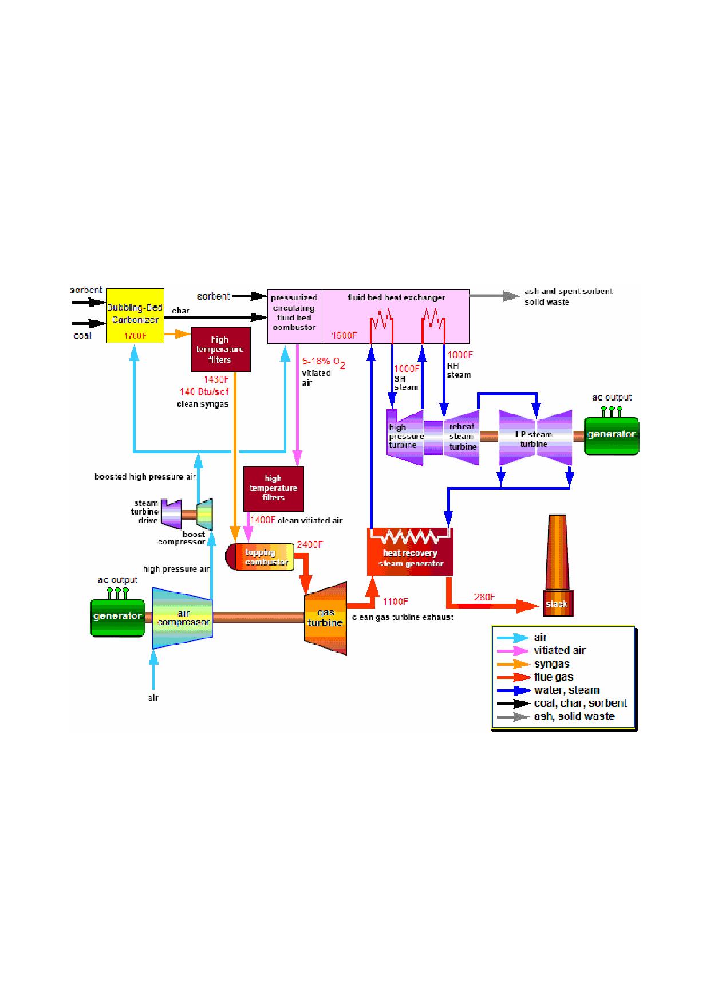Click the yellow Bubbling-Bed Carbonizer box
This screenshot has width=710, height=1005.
(135, 316)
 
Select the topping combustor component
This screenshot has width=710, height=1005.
(260, 556)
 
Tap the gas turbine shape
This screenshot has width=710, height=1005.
(325, 618)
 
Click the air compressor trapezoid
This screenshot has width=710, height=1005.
(183, 618)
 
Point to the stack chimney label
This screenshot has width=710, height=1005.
(557, 604)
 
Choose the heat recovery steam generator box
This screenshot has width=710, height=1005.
(410, 551)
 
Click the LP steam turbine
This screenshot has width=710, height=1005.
(535, 438)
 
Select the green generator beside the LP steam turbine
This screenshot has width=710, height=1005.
(612, 435)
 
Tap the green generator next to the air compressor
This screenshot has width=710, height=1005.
(117, 617)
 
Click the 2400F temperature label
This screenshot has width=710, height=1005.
(310, 544)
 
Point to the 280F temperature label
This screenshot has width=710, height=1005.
(484, 597)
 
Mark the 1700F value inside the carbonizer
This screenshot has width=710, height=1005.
(135, 336)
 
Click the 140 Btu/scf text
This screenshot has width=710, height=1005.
(204, 392)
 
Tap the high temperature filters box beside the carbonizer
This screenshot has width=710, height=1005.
(220, 350)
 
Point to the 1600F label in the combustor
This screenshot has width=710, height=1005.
(344, 335)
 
